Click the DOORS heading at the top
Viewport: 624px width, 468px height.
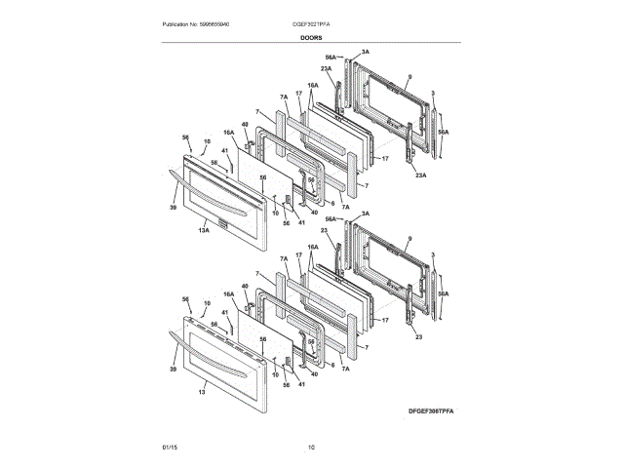311,37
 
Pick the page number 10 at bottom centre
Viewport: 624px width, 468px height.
311,447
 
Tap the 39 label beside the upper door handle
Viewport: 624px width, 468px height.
173,208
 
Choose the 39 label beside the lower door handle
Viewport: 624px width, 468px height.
172,370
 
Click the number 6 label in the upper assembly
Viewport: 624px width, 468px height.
332,202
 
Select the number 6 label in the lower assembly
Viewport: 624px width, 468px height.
332,365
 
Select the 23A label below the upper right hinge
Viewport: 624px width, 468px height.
419,175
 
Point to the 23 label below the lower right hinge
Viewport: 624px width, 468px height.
417,336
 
